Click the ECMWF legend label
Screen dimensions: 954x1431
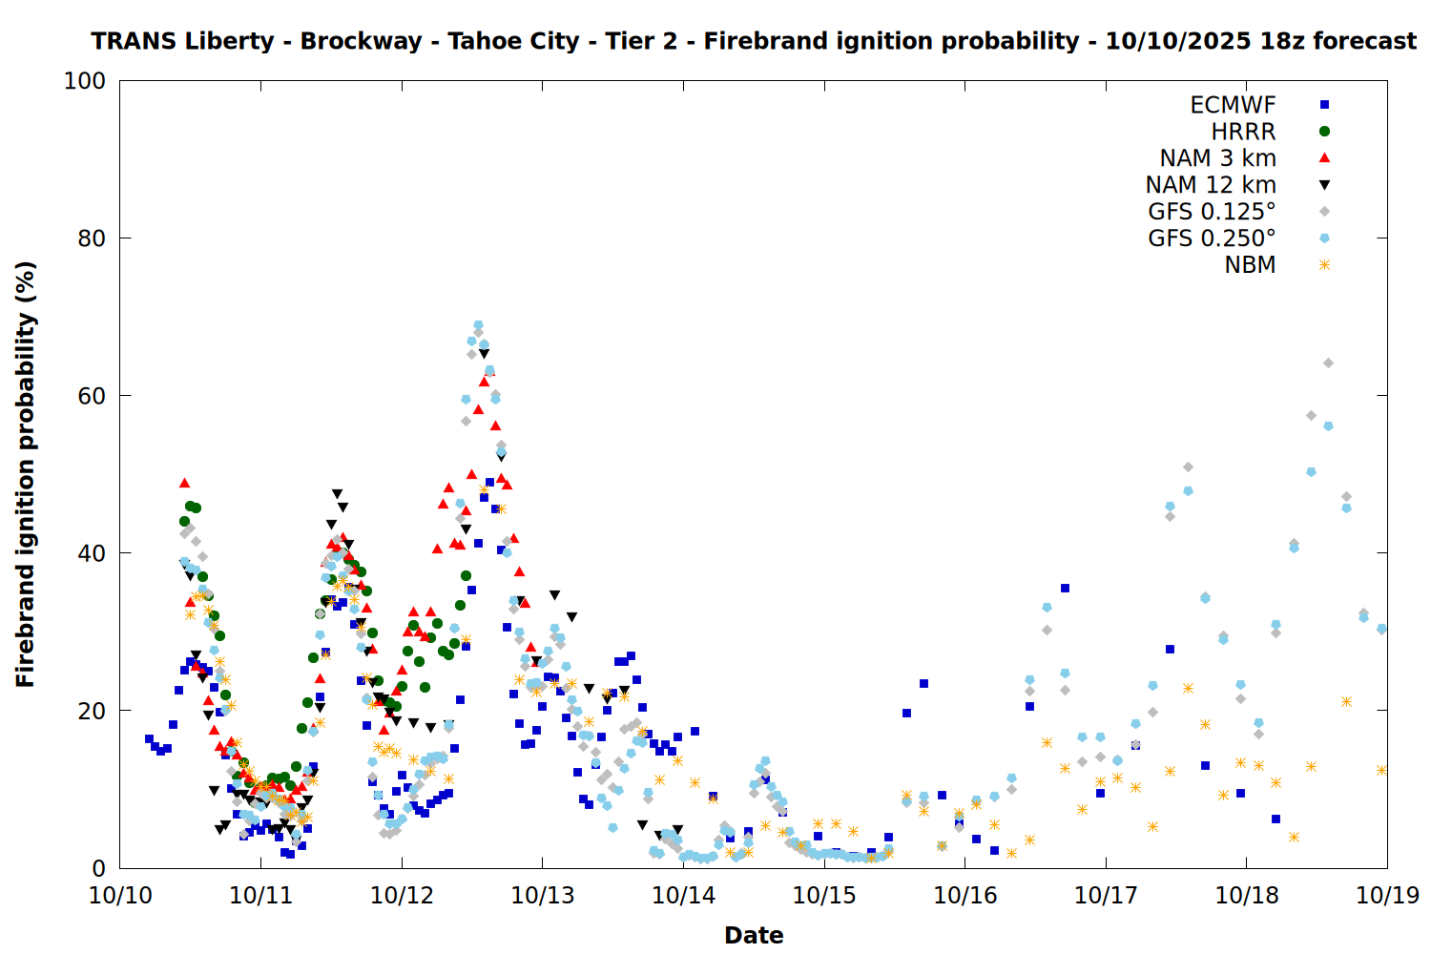[x=1233, y=105]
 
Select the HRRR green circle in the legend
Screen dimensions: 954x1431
[x=1324, y=132]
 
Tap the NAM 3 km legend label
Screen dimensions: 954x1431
[x=1217, y=158]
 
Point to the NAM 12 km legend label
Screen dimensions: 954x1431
[x=1211, y=185]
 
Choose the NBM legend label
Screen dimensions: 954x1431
[x=1250, y=265]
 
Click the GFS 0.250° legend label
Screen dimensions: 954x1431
[x=1212, y=238]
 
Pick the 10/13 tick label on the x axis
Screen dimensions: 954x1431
[x=543, y=896]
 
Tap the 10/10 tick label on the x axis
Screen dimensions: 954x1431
[x=120, y=896]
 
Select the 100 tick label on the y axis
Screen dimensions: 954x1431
[x=85, y=81]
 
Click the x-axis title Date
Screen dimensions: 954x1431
[x=754, y=935]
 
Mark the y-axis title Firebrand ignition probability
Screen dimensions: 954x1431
[x=26, y=474]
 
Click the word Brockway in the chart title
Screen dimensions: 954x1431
[x=361, y=42]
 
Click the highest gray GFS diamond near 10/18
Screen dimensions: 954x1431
[x=1328, y=363]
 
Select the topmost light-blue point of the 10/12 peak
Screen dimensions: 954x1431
[x=478, y=325]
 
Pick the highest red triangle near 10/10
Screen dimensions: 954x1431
[x=185, y=483]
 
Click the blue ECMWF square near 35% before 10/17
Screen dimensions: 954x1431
[x=1065, y=589]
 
